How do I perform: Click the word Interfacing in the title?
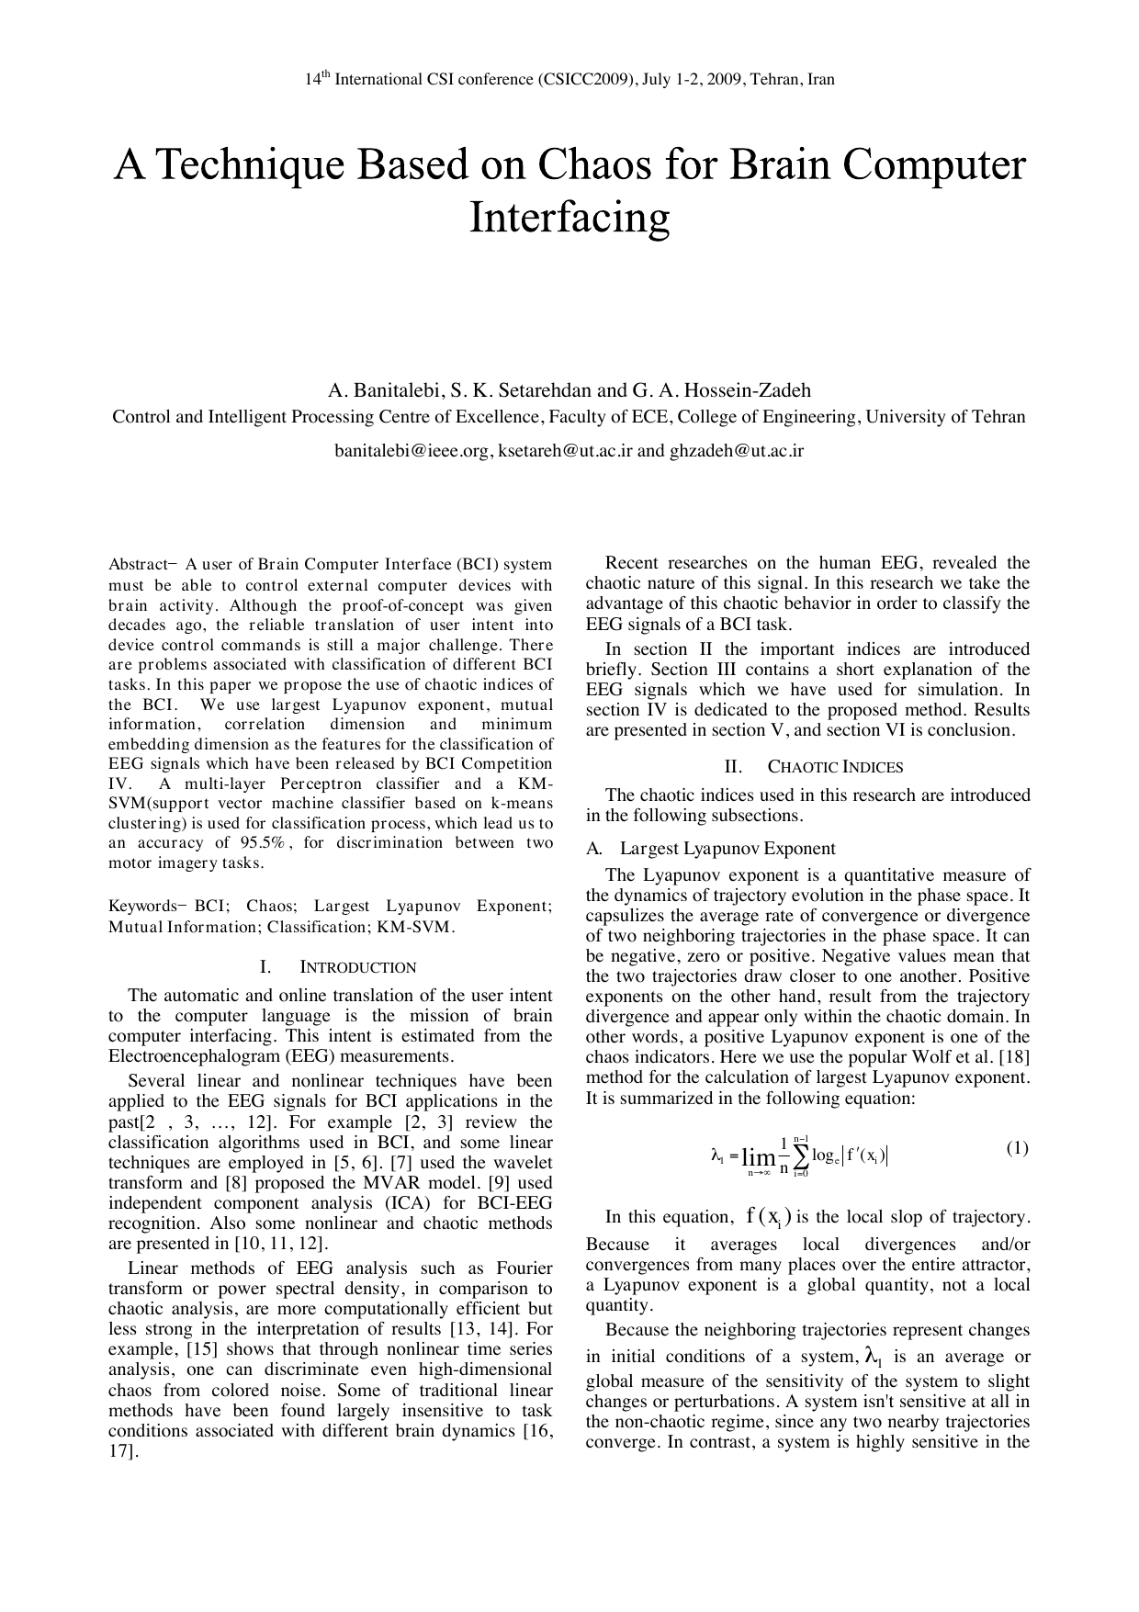click(569, 219)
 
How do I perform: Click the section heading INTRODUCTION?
click(357, 967)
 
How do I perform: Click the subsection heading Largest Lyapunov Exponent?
click(727, 848)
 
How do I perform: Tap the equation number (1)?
click(1016, 1148)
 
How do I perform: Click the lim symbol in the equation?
click(758, 1158)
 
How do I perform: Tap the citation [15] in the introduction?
click(202, 1349)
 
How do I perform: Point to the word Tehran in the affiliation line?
click(998, 417)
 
